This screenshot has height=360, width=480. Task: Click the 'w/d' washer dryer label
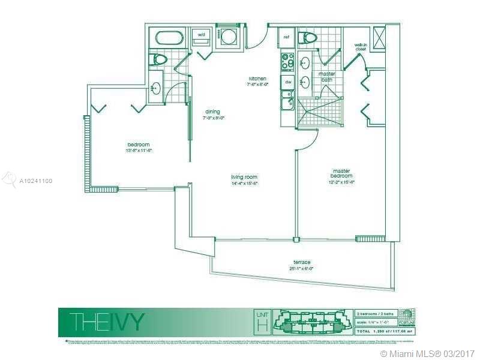[200, 35]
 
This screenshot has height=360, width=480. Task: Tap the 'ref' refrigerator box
[287, 37]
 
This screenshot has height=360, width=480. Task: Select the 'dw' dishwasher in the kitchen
[288, 82]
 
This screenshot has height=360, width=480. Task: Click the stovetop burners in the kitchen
[287, 60]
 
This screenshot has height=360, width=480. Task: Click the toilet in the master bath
[310, 38]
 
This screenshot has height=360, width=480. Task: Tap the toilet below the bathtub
[160, 59]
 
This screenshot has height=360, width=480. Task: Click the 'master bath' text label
[327, 76]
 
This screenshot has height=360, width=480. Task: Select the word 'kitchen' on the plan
[258, 79]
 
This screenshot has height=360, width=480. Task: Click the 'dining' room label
[212, 112]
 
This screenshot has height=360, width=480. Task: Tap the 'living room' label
[244, 176]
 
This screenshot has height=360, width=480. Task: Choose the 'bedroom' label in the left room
[139, 144]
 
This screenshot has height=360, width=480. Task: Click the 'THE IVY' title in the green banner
[106, 322]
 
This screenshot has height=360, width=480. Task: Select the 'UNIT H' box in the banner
[263, 322]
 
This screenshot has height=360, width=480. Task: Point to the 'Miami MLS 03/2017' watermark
[427, 353]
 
